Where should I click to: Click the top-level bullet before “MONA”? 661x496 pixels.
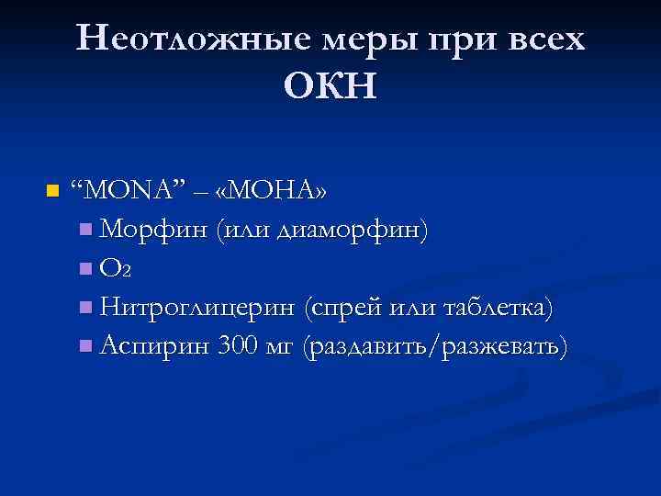[51, 192]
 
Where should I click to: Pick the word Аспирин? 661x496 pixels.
[156, 347]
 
